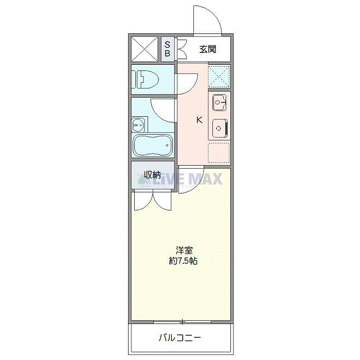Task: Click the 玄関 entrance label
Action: click(x=207, y=50)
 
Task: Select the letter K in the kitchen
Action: click(x=200, y=121)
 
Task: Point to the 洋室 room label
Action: click(x=184, y=251)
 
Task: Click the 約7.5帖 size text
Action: click(x=184, y=261)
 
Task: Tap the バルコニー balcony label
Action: click(x=179, y=338)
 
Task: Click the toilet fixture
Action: click(x=147, y=79)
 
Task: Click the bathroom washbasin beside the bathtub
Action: click(x=138, y=124)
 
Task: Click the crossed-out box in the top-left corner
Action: click(x=144, y=49)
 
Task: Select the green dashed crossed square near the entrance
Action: click(x=219, y=76)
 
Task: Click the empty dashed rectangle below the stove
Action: click(x=219, y=152)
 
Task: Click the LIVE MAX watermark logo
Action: click(x=179, y=179)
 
